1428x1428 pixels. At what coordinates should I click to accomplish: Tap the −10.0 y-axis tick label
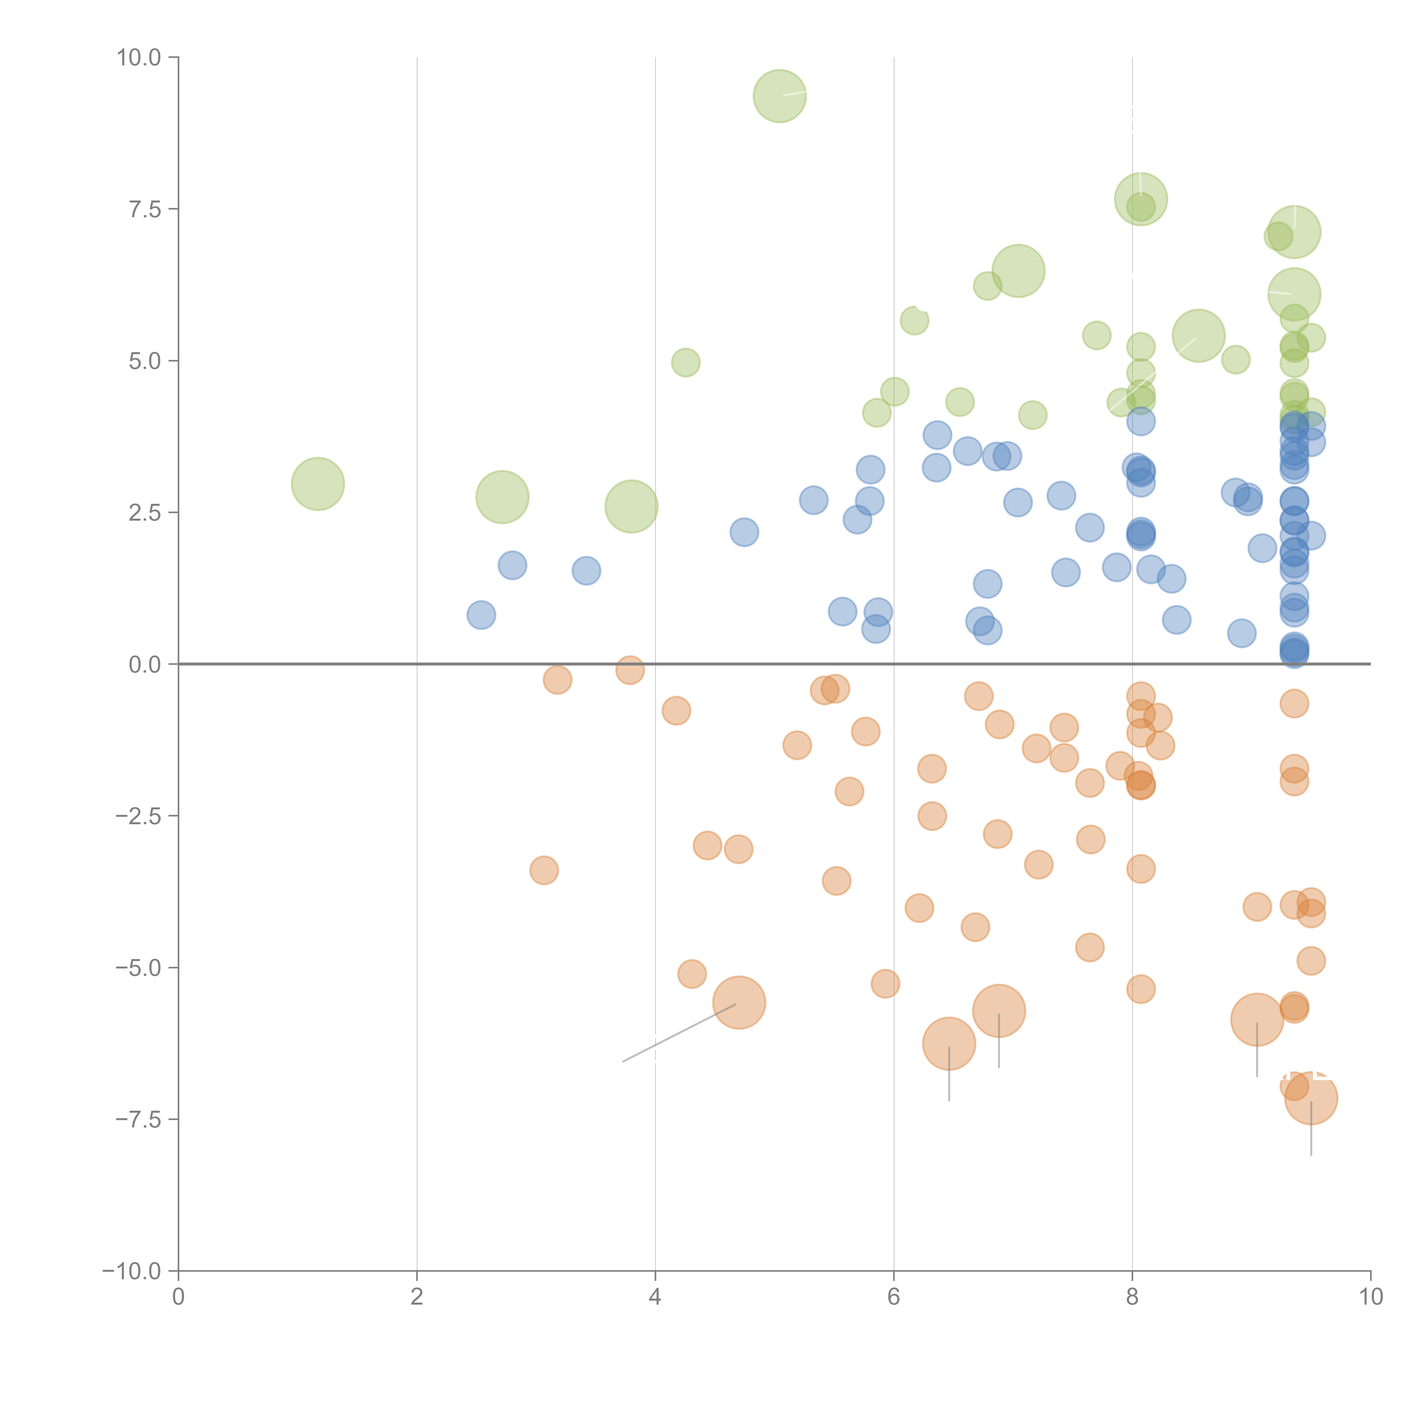coord(132,1272)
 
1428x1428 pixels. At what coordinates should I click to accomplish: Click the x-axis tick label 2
coord(417,1297)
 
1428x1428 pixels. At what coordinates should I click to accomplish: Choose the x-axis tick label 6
coord(894,1297)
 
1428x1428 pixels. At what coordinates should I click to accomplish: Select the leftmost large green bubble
coord(318,484)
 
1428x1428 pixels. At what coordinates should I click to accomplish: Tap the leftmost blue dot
coord(481,615)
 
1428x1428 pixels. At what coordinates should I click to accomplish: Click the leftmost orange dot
coord(544,871)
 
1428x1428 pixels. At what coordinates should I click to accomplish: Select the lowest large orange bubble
coord(1311,1098)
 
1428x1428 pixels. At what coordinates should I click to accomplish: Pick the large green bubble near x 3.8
coord(631,506)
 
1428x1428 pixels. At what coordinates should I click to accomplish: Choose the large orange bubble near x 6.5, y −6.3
coord(949,1044)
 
